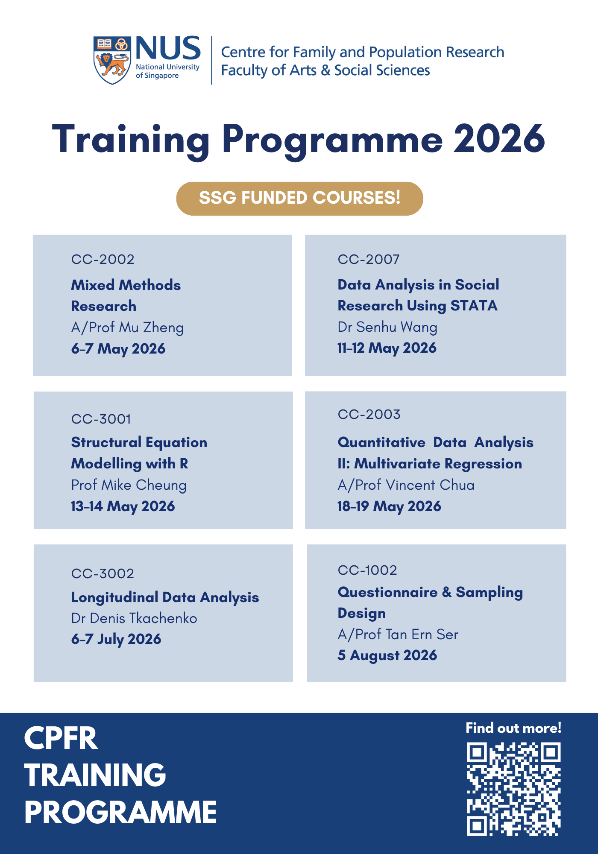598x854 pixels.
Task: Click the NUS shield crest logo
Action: pyautogui.click(x=112, y=60)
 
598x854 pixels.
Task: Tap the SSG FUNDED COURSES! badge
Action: pyautogui.click(x=299, y=199)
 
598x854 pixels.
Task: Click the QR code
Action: pyautogui.click(x=513, y=789)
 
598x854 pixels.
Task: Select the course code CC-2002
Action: pyautogui.click(x=103, y=260)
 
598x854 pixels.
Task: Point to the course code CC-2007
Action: pyautogui.click(x=369, y=260)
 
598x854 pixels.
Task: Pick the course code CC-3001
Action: pyautogui.click(x=101, y=419)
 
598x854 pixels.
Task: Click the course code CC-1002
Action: pyautogui.click(x=367, y=570)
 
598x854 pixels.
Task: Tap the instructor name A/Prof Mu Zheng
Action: pyautogui.click(x=127, y=328)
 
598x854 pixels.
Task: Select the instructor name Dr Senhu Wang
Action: pyautogui.click(x=387, y=327)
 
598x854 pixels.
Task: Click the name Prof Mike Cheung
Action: pyautogui.click(x=129, y=485)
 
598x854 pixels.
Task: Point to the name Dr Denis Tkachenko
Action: pyautogui.click(x=134, y=618)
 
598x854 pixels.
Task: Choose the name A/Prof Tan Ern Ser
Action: pyautogui.click(x=398, y=635)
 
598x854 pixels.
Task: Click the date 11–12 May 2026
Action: pyautogui.click(x=387, y=348)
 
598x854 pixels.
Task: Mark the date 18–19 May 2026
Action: pyautogui.click(x=389, y=506)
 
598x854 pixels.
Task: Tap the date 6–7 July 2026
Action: pyautogui.click(x=116, y=639)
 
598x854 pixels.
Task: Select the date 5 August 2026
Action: pyautogui.click(x=387, y=655)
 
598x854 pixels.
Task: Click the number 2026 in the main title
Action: pyautogui.click(x=499, y=139)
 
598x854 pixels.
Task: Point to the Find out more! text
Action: pyautogui.click(x=513, y=728)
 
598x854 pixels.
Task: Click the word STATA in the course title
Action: pyautogui.click(x=474, y=306)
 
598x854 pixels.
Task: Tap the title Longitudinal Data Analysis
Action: pyautogui.click(x=165, y=597)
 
